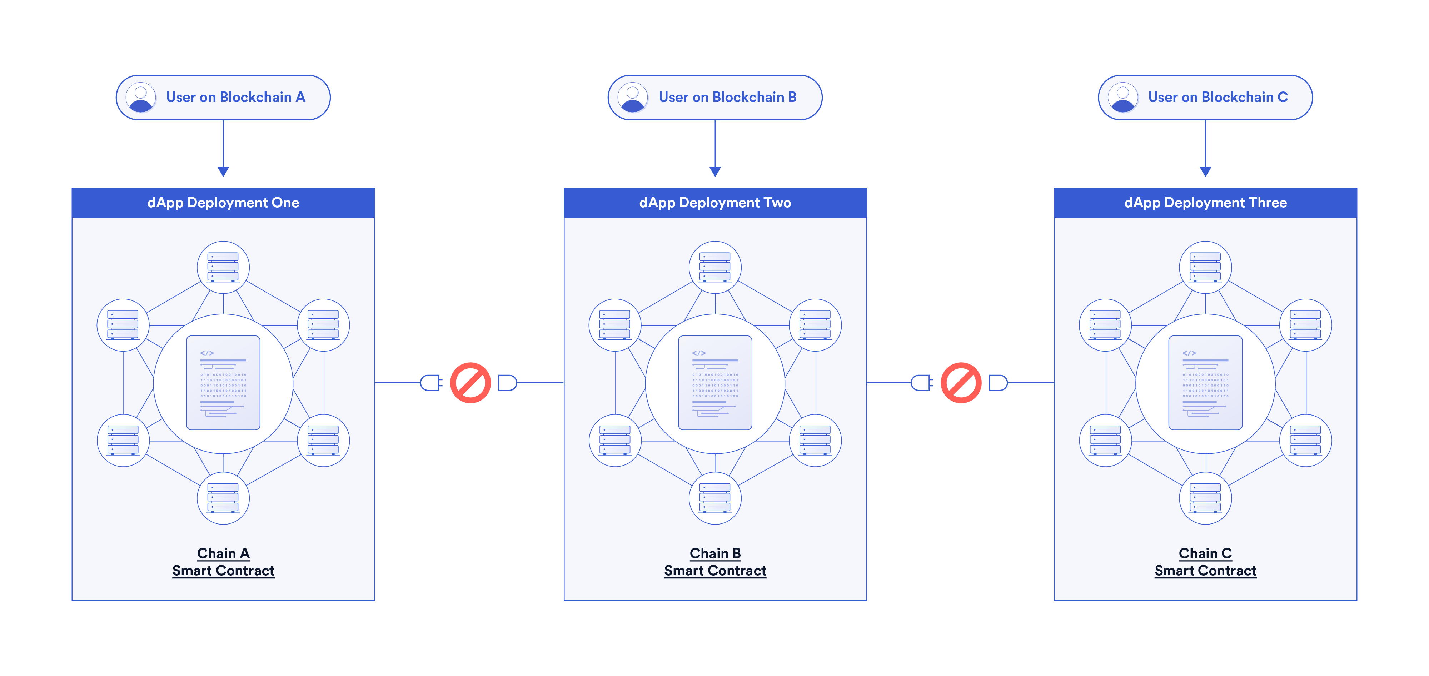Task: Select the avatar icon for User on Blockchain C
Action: click(x=1123, y=98)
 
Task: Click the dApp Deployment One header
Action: click(x=223, y=203)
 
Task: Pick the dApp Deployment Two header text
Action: click(x=715, y=203)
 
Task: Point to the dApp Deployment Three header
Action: click(x=1205, y=203)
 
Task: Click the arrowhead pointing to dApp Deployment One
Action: click(x=223, y=172)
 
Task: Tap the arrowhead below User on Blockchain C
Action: click(x=1205, y=172)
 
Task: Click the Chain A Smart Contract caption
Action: click(x=223, y=562)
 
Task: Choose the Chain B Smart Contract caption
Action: click(x=715, y=562)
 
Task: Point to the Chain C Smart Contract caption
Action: click(x=1205, y=562)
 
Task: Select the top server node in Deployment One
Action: click(x=223, y=267)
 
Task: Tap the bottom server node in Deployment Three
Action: click(x=1205, y=498)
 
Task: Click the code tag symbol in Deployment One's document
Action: click(x=207, y=353)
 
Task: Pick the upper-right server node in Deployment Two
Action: click(x=815, y=325)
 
